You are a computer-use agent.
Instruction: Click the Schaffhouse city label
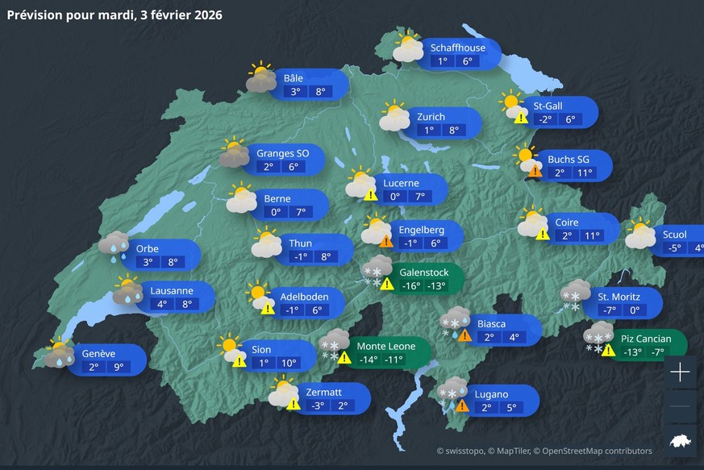point(458,48)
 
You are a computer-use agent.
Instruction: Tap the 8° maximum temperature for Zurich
point(454,130)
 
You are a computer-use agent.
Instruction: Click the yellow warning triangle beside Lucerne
point(370,194)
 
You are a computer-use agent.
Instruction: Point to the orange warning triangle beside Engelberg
point(386,241)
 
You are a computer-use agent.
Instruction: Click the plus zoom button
point(681,372)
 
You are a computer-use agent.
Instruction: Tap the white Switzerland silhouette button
point(681,440)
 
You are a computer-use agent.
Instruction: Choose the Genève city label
point(98,353)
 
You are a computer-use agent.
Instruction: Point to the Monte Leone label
point(386,346)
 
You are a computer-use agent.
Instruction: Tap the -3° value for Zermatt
point(318,406)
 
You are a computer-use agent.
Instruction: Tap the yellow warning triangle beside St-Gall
point(521,118)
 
